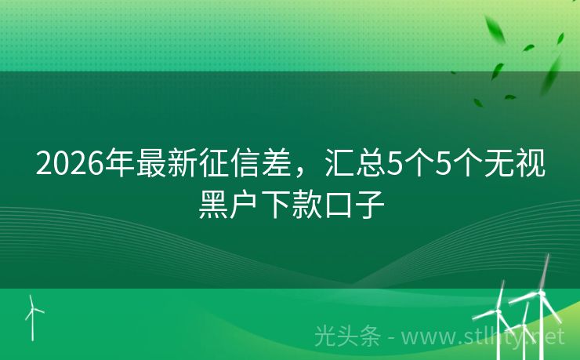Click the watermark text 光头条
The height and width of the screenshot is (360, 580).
pos(347,337)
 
